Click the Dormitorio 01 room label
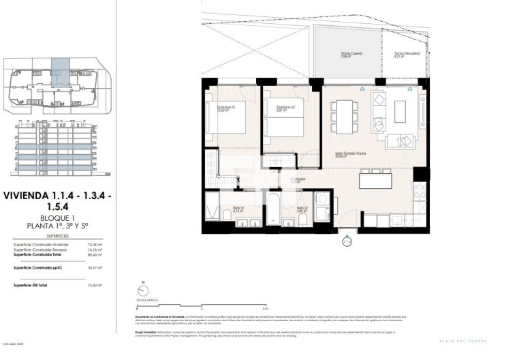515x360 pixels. (x=225, y=107)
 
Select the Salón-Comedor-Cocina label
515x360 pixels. (x=349, y=154)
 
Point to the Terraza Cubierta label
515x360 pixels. (x=353, y=55)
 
